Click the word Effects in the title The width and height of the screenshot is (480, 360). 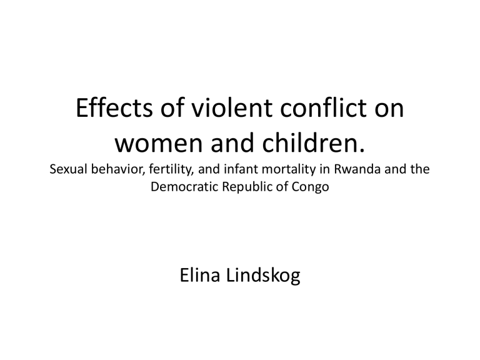pyautogui.click(x=114, y=107)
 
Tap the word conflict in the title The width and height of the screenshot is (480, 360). pyautogui.click(x=323, y=107)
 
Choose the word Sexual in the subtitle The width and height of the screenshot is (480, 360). pyautogui.click(x=69, y=169)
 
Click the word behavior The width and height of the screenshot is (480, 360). pyautogui.click(x=118, y=169)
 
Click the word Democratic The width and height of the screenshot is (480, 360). pyautogui.click(x=184, y=186)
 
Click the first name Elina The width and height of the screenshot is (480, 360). pyautogui.click(x=200, y=275)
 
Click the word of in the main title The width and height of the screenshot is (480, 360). pyautogui.click(x=172, y=107)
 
